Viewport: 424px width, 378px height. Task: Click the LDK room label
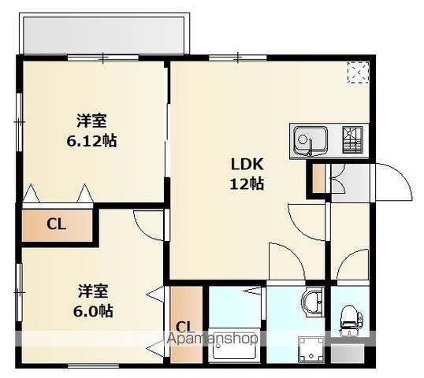[x=247, y=165]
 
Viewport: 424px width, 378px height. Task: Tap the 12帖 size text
[x=247, y=184]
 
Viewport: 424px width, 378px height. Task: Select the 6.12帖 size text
[x=92, y=141]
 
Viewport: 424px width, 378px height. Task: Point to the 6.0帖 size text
[x=93, y=311]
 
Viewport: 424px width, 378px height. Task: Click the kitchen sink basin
[x=311, y=140]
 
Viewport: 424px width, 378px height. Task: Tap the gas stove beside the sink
[x=353, y=140]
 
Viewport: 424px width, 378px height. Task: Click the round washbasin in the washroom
[x=313, y=302]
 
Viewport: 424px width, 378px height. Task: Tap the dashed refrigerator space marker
[x=359, y=72]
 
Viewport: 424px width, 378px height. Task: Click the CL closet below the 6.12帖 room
[x=57, y=225]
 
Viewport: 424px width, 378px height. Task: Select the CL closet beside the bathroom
[x=186, y=324]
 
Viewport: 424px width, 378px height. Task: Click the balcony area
[x=104, y=35]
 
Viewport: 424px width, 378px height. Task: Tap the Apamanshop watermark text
[x=212, y=339]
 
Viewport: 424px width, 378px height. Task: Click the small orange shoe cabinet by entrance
[x=318, y=178]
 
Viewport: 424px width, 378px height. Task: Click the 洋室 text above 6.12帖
[x=92, y=120]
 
